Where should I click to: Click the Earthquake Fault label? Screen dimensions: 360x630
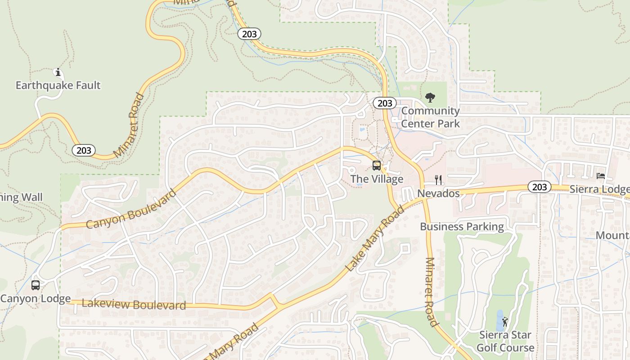point(58,85)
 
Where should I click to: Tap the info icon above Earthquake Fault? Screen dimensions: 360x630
point(58,72)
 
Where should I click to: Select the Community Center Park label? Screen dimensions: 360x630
point(430,117)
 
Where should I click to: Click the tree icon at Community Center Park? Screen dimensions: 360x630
point(430,97)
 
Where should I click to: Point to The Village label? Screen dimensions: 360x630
point(377,179)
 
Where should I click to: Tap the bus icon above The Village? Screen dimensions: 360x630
point(377,166)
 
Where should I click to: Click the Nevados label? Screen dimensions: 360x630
point(438,193)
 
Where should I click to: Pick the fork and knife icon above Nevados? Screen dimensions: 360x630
point(439,180)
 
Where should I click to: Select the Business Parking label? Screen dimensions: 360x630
point(462,226)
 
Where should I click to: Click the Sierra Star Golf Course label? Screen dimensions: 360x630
point(505,341)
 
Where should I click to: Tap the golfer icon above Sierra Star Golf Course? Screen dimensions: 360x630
point(505,322)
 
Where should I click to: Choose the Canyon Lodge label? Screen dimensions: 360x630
point(36,298)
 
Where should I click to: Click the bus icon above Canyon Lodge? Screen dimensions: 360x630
point(36,285)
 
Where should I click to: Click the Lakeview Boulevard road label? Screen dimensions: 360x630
point(134,305)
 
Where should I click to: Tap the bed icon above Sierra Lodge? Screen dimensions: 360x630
point(601,176)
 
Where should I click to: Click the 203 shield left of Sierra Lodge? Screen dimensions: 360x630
point(539,187)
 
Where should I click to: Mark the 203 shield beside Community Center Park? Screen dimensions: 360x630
point(385,103)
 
